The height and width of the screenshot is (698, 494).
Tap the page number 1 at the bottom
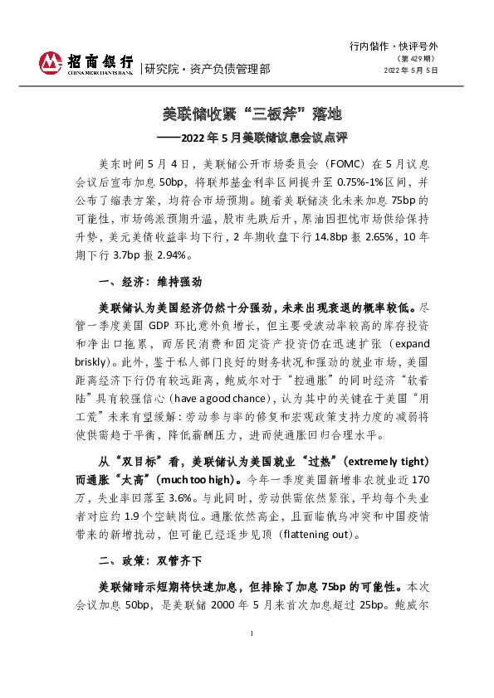251,657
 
